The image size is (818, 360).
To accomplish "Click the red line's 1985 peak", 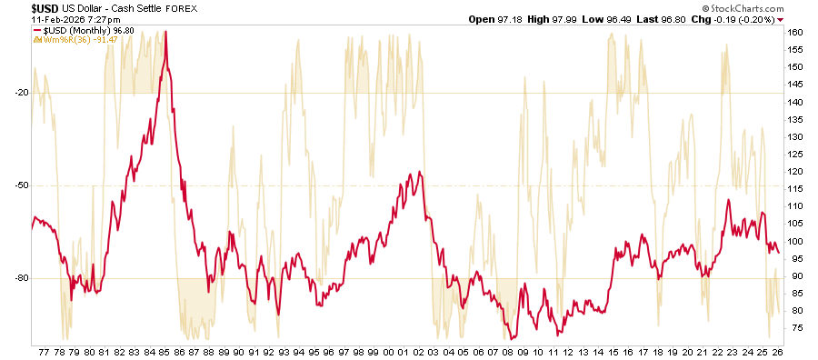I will click(165, 33).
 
